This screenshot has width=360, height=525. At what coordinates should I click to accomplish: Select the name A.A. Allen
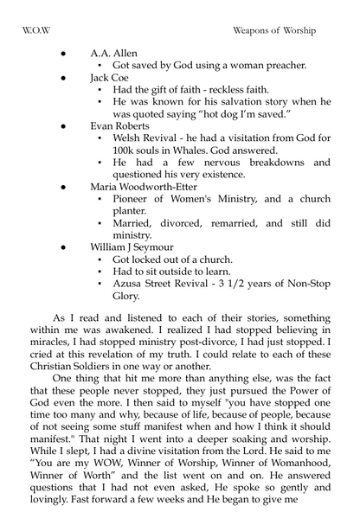point(113,53)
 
